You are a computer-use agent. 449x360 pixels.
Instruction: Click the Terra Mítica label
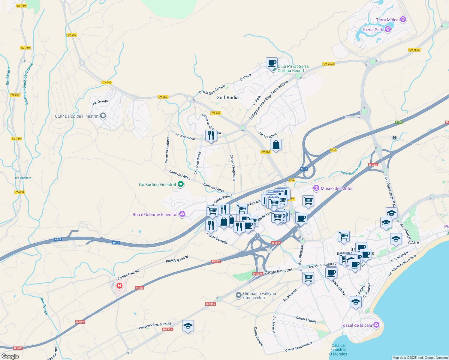point(387,20)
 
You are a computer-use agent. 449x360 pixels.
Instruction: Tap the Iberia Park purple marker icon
point(388,29)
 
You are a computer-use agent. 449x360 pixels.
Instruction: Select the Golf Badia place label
point(228,97)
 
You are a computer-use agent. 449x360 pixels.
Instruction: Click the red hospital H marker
point(119,286)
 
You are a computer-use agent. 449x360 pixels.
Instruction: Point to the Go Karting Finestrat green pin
point(181,184)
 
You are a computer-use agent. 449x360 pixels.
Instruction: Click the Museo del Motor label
point(337,188)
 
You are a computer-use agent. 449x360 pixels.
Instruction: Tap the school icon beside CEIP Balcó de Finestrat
point(103,116)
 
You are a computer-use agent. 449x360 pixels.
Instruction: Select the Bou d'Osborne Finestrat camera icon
point(182,214)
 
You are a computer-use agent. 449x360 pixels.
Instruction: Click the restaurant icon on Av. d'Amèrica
point(211,136)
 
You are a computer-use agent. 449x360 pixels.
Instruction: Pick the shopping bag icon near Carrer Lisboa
point(276,145)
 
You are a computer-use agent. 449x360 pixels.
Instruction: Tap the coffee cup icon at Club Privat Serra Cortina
point(272,63)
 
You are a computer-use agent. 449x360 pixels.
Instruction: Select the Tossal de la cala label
point(356,325)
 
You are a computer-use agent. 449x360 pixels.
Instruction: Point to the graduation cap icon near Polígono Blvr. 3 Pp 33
point(188,326)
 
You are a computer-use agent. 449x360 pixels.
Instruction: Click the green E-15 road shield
point(399,122)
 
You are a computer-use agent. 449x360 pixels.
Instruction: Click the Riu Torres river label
point(44,306)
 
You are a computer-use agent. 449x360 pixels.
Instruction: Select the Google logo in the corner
point(10,356)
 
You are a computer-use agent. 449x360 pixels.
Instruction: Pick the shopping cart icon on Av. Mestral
point(308,278)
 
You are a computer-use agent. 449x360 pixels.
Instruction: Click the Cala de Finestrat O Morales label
point(338,350)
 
